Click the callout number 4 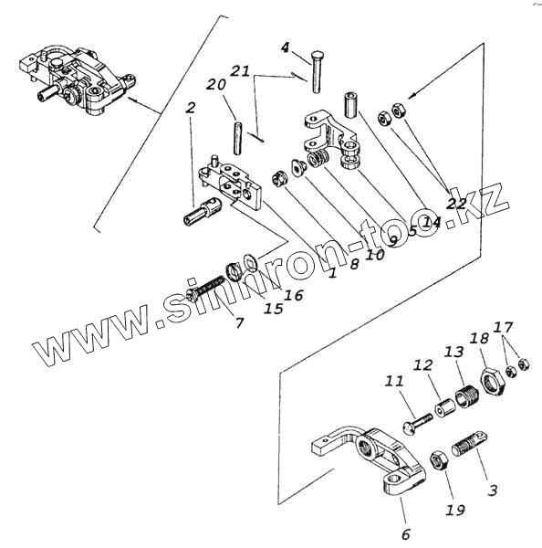(x=286, y=47)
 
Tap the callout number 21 (x=240, y=71)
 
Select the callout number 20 (x=216, y=84)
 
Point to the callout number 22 (x=456, y=204)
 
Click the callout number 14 (x=431, y=221)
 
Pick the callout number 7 (x=239, y=322)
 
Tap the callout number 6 (x=405, y=533)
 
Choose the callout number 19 (x=455, y=510)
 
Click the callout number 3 (x=493, y=490)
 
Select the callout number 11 (x=394, y=381)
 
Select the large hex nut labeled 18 (x=492, y=381)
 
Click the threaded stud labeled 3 (x=470, y=443)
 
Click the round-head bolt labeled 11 (x=418, y=423)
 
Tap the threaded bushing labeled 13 (x=467, y=395)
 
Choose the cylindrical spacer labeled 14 (x=350, y=105)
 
